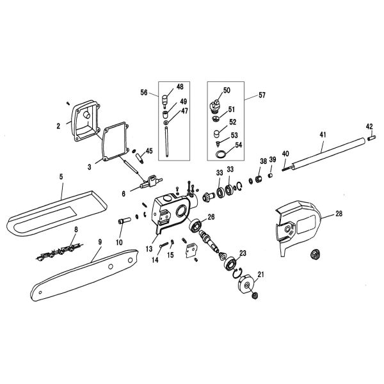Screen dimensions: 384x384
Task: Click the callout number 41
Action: point(322,135)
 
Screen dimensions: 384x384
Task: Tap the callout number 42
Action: point(369,126)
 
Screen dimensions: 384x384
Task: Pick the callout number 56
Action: point(145,92)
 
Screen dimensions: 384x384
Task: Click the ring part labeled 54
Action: point(220,154)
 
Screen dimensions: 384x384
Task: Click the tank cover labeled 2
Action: point(84,122)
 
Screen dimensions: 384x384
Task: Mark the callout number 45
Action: point(148,151)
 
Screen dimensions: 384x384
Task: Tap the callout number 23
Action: point(243,253)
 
